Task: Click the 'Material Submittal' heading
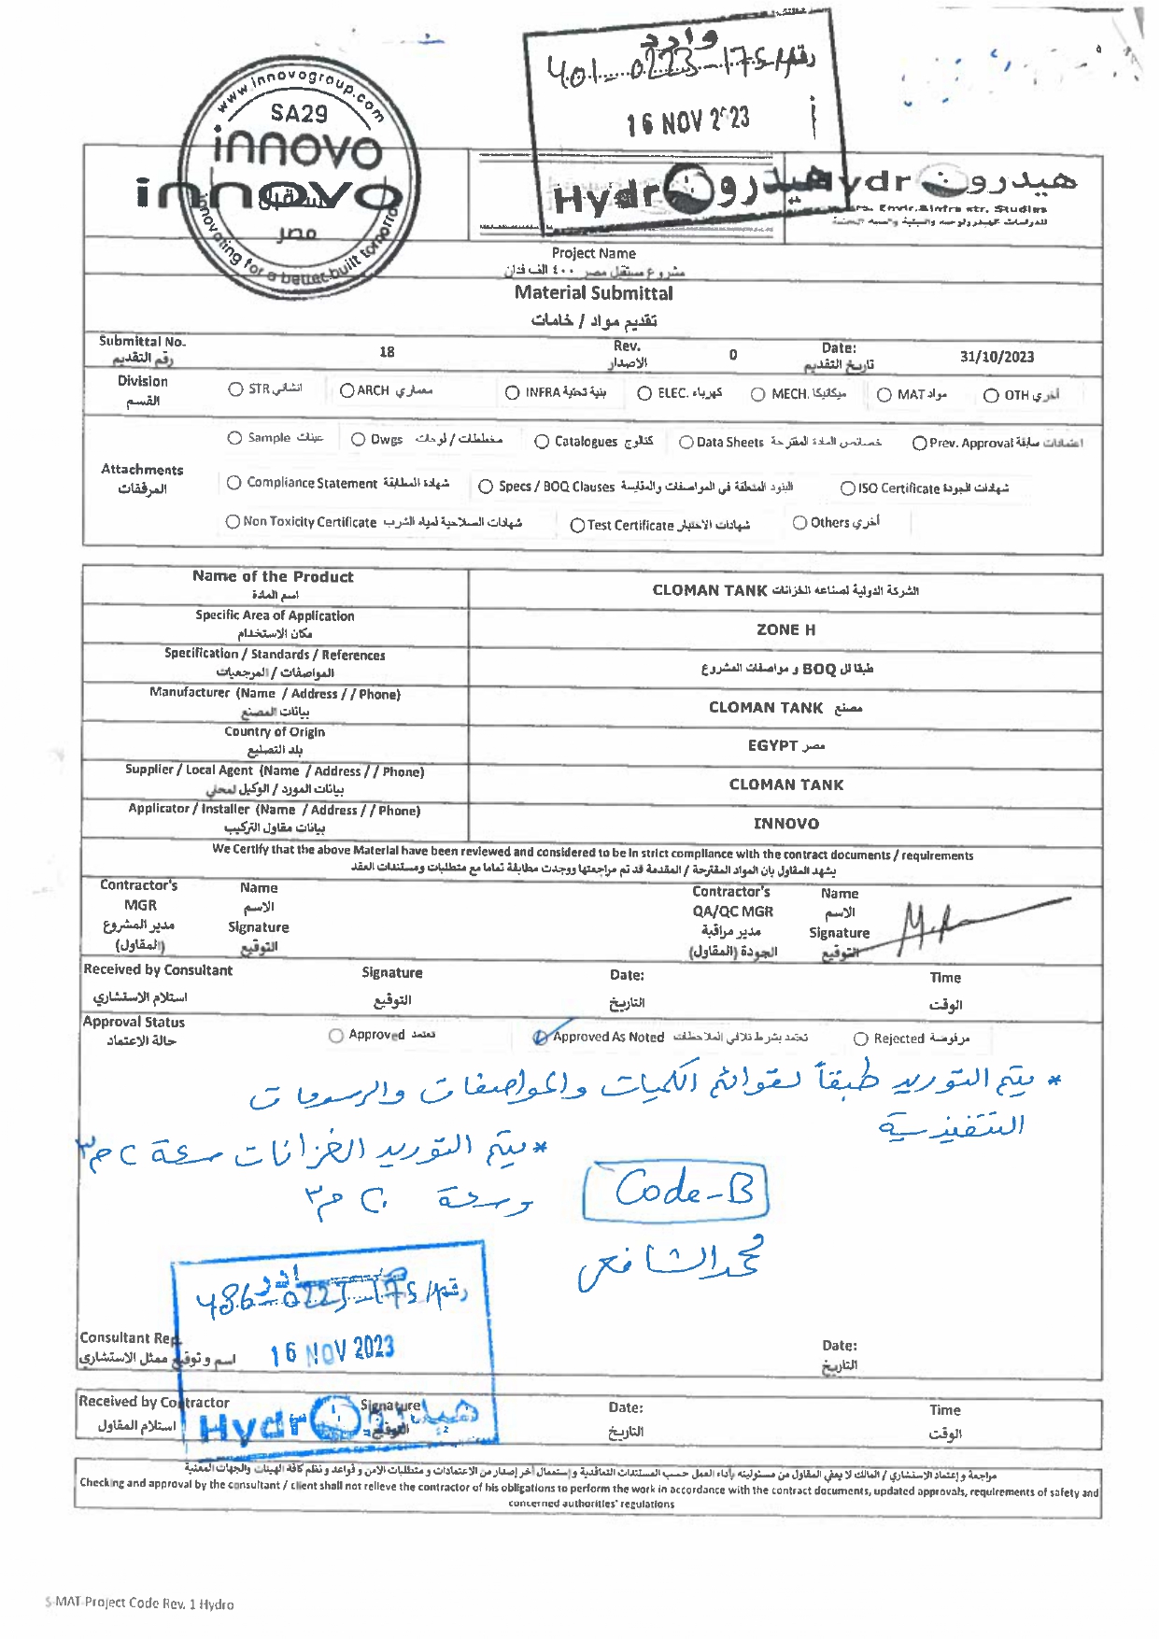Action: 593,293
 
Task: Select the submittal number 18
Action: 387,352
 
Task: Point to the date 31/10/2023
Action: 997,357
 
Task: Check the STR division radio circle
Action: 235,389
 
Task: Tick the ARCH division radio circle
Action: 347,390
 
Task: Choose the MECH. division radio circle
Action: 758,394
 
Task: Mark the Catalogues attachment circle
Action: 542,442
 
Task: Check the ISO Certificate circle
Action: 847,488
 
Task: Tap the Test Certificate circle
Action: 577,526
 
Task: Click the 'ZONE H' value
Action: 785,629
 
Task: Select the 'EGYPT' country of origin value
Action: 774,745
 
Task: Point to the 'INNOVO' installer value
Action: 785,824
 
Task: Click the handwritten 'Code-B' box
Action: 674,1192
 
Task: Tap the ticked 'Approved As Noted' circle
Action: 541,1037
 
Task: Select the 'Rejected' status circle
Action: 861,1039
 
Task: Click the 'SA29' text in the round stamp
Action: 299,114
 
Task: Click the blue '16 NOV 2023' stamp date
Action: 332,1350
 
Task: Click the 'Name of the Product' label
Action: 273,576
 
